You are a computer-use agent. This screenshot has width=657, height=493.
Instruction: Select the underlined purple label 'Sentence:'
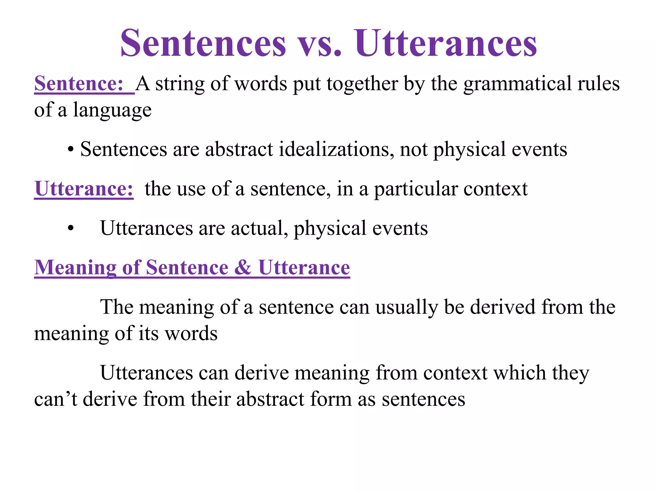[79, 84]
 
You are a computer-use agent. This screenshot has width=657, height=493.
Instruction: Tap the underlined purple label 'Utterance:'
[84, 189]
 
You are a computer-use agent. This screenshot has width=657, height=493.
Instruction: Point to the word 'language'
[112, 110]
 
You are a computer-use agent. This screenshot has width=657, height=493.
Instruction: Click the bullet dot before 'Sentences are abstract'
[71, 150]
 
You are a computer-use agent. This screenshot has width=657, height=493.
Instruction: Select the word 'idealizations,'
[337, 149]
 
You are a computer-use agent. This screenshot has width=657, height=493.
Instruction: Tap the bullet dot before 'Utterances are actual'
[71, 229]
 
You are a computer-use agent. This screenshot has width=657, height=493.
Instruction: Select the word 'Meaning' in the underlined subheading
[75, 268]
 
